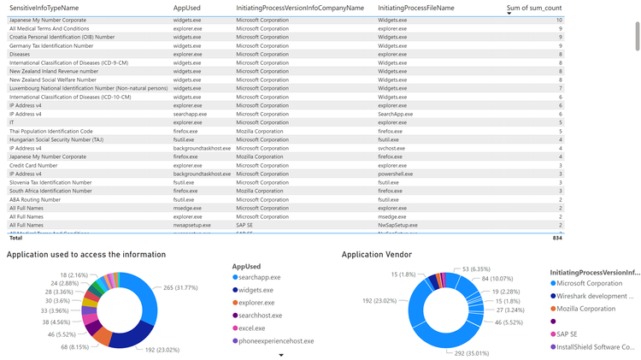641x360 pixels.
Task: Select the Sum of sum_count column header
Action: point(535,8)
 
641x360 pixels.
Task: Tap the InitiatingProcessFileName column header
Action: point(415,8)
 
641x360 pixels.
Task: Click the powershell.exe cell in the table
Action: point(396,174)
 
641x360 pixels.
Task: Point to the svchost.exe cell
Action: point(391,148)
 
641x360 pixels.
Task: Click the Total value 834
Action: point(556,238)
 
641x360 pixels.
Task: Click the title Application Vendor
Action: point(377,255)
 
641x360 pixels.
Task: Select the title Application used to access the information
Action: point(86,255)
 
